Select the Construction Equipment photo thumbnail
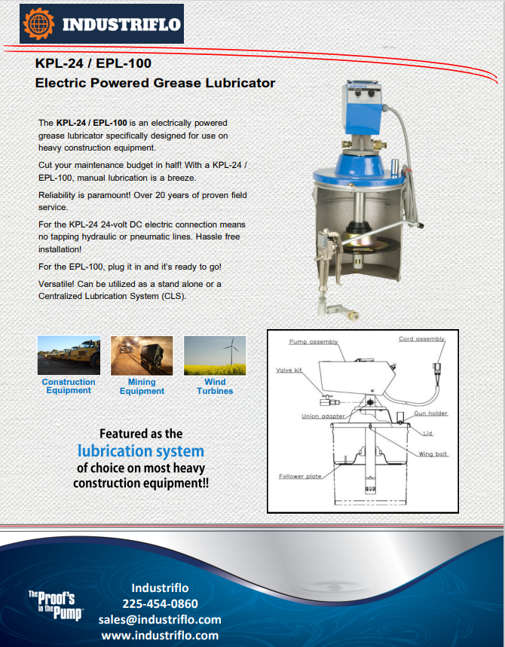click(68, 355)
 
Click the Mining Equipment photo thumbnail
click(141, 355)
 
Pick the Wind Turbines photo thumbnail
click(215, 355)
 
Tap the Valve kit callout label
click(289, 370)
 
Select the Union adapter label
click(323, 416)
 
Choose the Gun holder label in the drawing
click(430, 414)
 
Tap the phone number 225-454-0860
click(160, 603)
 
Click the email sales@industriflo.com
click(160, 619)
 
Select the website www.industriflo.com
click(160, 635)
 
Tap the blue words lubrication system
click(141, 451)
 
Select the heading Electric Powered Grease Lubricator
click(155, 83)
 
